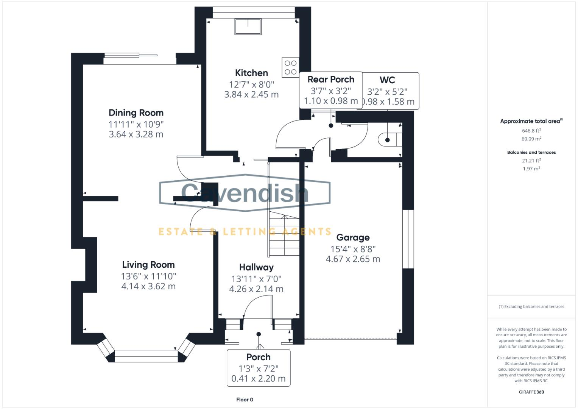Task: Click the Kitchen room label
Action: click(251, 73)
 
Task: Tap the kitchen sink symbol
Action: click(248, 27)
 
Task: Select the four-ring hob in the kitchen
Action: click(290, 67)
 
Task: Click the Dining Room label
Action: click(136, 113)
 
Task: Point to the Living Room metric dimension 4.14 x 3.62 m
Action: click(148, 286)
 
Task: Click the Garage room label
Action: click(353, 237)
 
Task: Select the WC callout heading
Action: click(387, 80)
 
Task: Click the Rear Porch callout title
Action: click(331, 80)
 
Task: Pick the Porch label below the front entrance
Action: click(259, 357)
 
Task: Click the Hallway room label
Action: click(256, 267)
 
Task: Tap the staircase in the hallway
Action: click(284, 235)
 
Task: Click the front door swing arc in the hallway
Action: click(254, 303)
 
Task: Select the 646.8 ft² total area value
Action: click(531, 131)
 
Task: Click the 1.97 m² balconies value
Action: click(531, 169)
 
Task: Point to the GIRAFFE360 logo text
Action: click(531, 392)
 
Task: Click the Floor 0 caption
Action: click(245, 400)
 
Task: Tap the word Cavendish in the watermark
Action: click(245, 192)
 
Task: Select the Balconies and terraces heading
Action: click(531, 152)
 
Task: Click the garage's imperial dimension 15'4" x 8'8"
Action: click(353, 249)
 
